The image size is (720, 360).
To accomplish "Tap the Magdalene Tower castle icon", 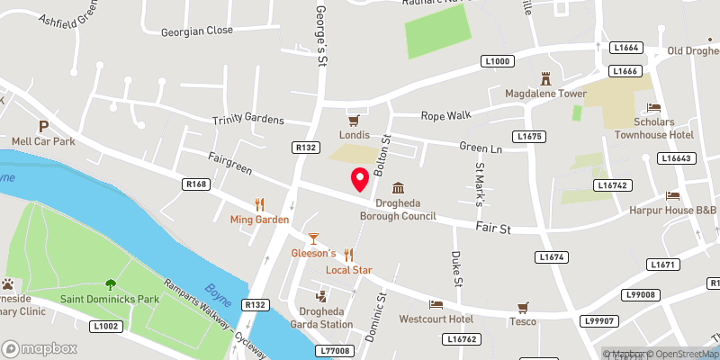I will click(544, 78).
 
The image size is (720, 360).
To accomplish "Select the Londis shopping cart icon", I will click(354, 120).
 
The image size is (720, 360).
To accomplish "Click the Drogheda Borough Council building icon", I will click(398, 188).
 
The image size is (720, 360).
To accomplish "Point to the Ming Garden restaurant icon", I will click(259, 203).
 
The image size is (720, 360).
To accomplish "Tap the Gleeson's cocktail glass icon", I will click(313, 238).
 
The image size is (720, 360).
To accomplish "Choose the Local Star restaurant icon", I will click(349, 255).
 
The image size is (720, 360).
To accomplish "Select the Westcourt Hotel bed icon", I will click(436, 304).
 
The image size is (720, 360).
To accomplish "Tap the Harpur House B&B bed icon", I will click(671, 195).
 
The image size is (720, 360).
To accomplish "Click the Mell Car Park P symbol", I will click(42, 126).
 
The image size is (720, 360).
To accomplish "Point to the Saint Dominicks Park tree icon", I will click(111, 283).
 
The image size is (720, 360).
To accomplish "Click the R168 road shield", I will click(194, 184).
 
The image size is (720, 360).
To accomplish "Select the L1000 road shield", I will click(497, 61).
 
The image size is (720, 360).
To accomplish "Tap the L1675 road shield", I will click(528, 136).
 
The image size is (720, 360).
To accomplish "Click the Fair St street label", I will click(493, 229).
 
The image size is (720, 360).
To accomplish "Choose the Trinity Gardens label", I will click(247, 120).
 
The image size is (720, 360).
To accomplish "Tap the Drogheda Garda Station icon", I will click(319, 296).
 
